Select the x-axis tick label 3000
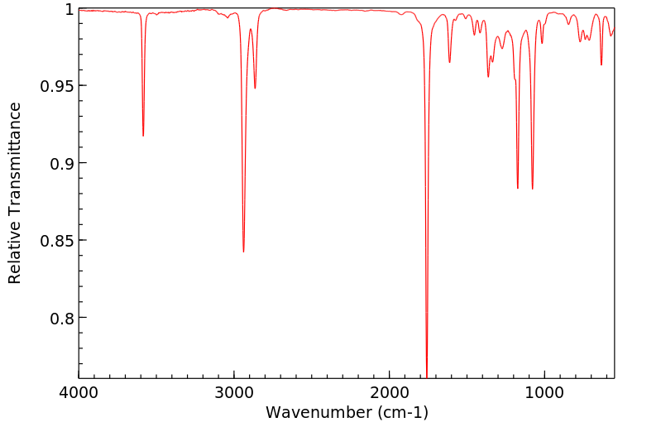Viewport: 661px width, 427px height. click(x=234, y=392)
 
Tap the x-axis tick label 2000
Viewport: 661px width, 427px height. click(x=390, y=392)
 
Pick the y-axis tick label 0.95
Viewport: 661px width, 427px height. click(x=58, y=86)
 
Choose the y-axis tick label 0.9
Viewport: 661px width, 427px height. click(x=63, y=163)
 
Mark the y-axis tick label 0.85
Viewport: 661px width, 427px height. click(x=58, y=241)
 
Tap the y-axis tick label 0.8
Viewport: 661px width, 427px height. click(x=63, y=318)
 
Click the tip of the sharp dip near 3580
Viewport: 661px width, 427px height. click(x=143, y=136)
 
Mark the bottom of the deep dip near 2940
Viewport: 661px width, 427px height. click(x=243, y=252)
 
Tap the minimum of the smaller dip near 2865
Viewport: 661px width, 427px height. click(x=255, y=89)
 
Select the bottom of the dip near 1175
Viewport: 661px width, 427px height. click(x=518, y=188)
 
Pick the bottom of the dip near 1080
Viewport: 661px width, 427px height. click(x=533, y=189)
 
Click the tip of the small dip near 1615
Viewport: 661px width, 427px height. click(x=449, y=62)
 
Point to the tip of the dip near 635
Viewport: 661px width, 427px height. click(x=601, y=65)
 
